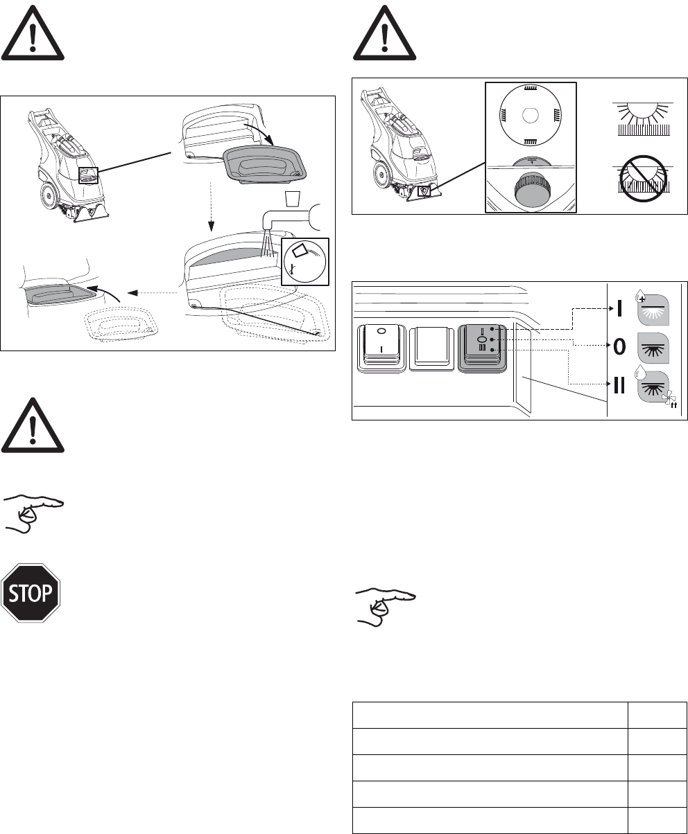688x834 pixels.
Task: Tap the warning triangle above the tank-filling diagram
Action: point(32,33)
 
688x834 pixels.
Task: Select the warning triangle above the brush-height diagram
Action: point(384,33)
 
